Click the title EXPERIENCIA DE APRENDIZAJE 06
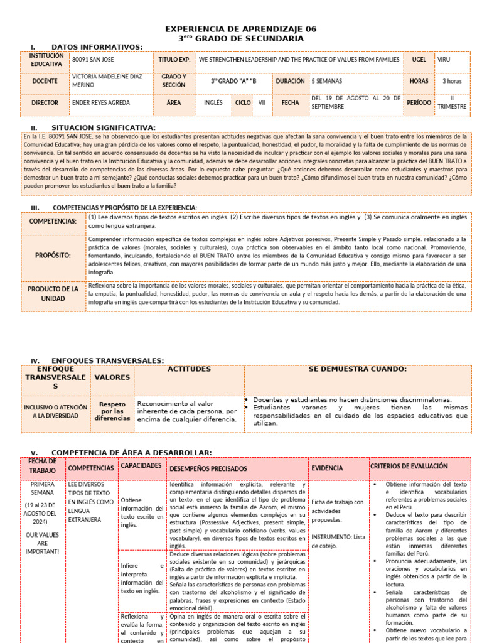point(240,29)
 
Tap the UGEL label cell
point(419,60)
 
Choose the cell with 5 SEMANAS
point(326,81)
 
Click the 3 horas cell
point(452,81)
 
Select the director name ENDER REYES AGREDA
point(101,102)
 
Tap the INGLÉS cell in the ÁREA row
point(213,102)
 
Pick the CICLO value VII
point(262,102)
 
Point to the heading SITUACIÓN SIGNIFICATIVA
point(103,127)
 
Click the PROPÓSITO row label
point(53,256)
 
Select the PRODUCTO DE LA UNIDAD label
point(53,293)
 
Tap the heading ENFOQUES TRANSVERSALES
point(107,360)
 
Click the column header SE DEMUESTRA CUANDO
point(357,369)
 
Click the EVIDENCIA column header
point(327,468)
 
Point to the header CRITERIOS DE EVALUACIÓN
point(409,467)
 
